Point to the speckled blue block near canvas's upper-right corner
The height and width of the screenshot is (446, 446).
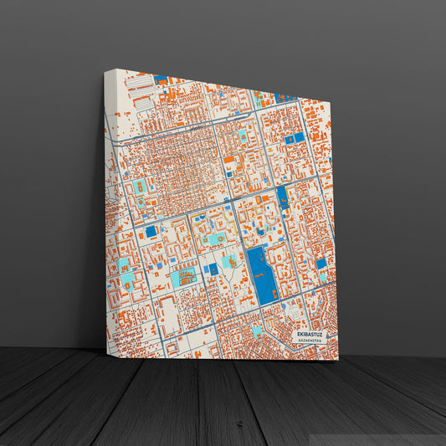(285, 98)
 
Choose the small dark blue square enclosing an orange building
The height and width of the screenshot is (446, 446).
(213, 269)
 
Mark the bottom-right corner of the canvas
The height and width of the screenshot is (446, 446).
(338, 359)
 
